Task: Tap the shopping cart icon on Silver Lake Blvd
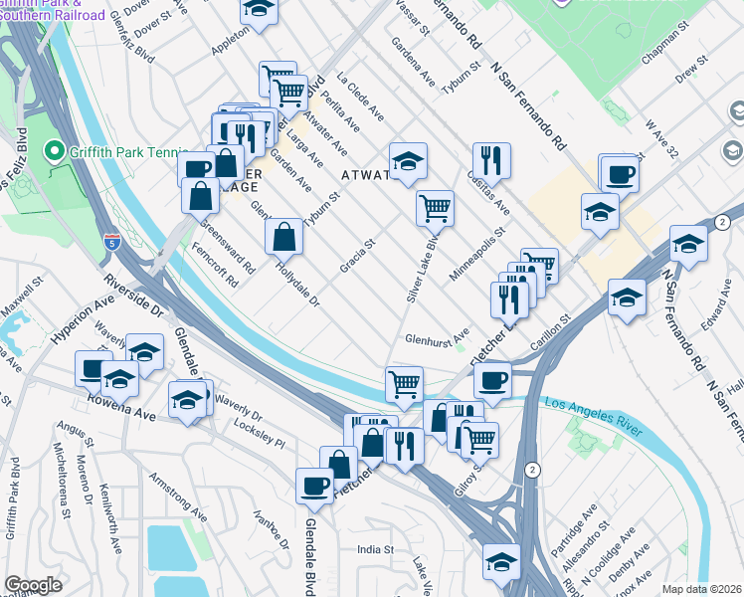pos(435,207)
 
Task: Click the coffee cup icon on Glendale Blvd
pos(315,485)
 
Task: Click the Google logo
pos(33,584)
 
